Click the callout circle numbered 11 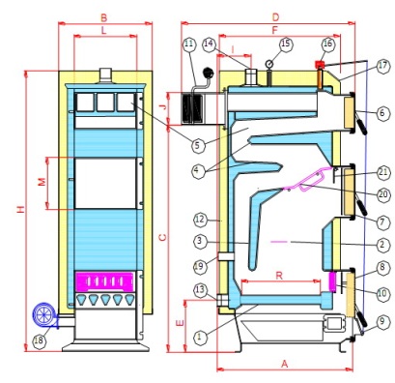pyautogui.click(x=189, y=44)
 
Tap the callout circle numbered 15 pyautogui.click(x=286, y=44)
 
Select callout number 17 pyautogui.click(x=381, y=67)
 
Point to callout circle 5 pyautogui.click(x=198, y=145)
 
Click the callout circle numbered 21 pyautogui.click(x=382, y=173)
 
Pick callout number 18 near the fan pyautogui.click(x=39, y=342)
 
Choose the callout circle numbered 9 pyautogui.click(x=381, y=322)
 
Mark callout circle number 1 pyautogui.click(x=200, y=338)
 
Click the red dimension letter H pyautogui.click(x=20, y=210)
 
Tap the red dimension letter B pyautogui.click(x=103, y=18)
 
